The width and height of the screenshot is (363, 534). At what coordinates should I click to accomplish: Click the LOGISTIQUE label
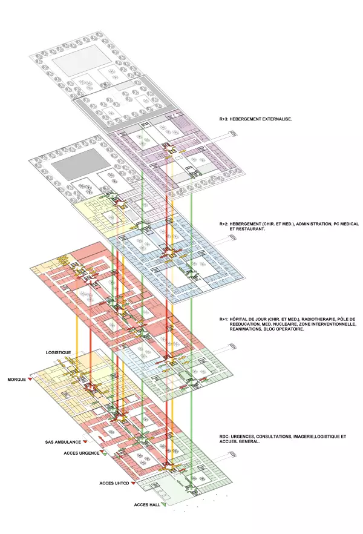click(59, 352)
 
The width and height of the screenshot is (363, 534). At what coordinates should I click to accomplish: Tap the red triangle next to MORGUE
click(30, 380)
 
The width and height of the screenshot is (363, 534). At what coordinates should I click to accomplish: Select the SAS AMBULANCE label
click(63, 443)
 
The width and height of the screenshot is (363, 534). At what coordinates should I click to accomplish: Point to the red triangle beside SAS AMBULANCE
click(85, 443)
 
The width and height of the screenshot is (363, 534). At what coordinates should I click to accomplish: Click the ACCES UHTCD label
click(114, 484)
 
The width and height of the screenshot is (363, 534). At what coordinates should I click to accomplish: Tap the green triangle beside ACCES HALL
click(163, 505)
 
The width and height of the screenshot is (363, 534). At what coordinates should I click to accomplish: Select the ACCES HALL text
click(147, 505)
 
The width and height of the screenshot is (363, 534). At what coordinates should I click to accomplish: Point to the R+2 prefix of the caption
click(223, 224)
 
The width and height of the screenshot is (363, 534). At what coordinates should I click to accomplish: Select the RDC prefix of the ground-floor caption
click(224, 437)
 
